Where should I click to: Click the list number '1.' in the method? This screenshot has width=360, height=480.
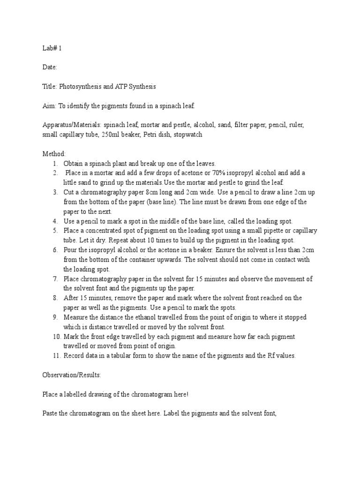pos(55,164)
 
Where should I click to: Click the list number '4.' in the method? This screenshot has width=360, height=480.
pos(55,221)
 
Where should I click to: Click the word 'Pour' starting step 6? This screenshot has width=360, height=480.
pos(70,250)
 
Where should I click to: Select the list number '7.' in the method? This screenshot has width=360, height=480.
pos(55,279)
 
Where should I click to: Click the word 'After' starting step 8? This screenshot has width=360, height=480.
pos(71,298)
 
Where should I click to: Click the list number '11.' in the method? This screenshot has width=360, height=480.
pos(56,356)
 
